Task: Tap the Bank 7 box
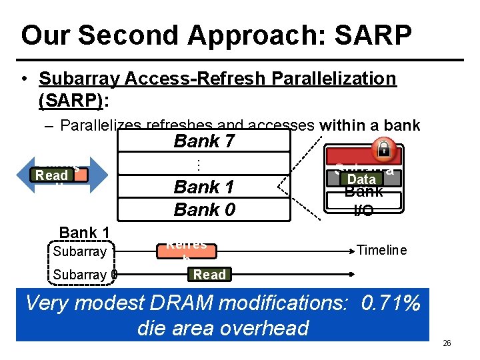tap(204, 141)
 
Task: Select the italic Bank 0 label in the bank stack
tap(204, 209)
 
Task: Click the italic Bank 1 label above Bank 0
tap(204, 187)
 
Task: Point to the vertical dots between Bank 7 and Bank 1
tap(199, 164)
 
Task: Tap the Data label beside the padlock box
tap(362, 179)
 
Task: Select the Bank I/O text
tap(364, 201)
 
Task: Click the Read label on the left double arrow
tap(52, 175)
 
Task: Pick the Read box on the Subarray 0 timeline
tap(209, 275)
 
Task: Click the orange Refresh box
tap(187, 249)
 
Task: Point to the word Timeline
tap(381, 250)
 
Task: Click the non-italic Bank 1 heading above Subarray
tap(85, 233)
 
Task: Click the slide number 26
tap(447, 343)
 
